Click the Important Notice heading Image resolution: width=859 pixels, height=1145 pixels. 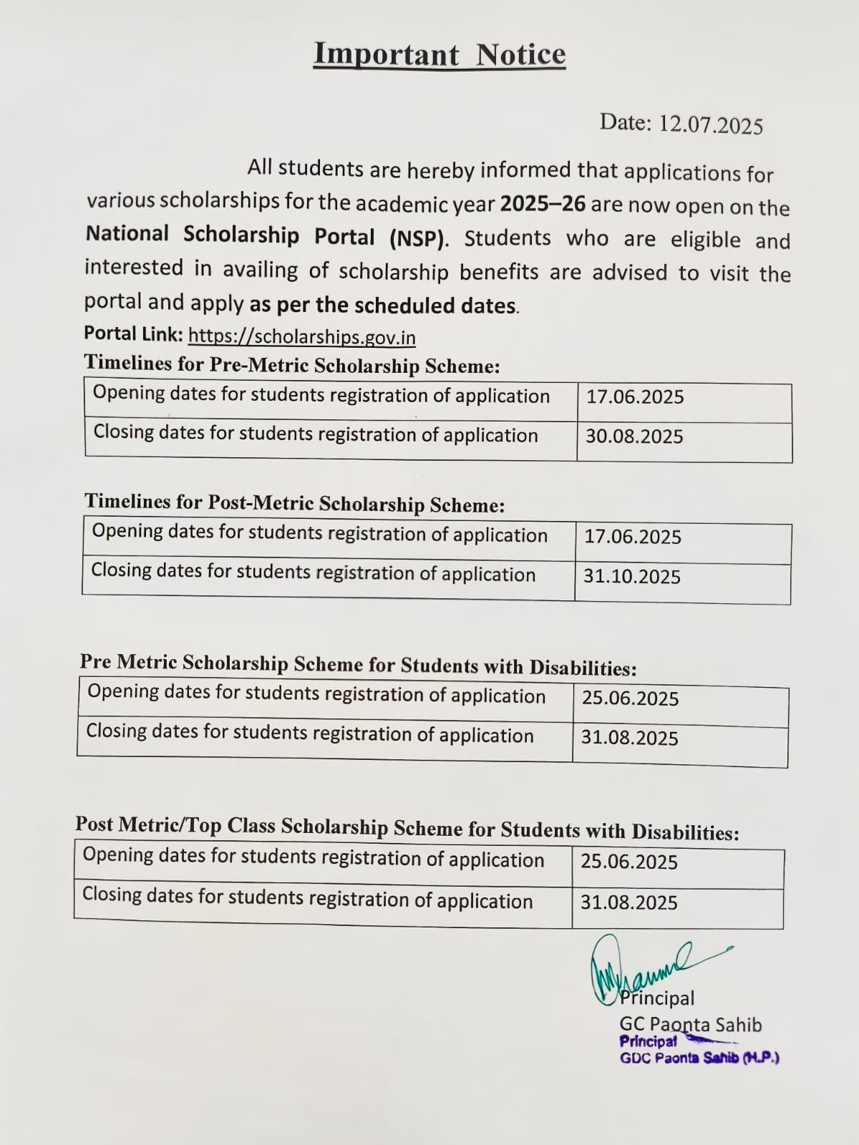pos(440,55)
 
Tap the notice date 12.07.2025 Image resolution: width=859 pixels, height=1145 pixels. pos(710,125)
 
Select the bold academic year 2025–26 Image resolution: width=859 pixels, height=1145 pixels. pos(543,204)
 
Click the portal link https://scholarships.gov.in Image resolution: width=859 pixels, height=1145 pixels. pos(301,336)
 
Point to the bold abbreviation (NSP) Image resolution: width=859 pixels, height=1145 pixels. pos(419,238)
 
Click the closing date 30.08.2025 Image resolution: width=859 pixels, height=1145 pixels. pos(634,437)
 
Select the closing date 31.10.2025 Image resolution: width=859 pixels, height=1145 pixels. pos(631,577)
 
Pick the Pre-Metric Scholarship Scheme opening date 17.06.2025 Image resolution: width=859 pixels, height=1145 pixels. pos(635,397)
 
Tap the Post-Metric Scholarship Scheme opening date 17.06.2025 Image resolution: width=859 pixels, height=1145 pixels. pos(633,537)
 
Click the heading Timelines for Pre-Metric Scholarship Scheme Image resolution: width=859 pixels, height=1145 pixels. pos(292,365)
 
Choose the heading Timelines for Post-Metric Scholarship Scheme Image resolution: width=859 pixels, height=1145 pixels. pos(294,504)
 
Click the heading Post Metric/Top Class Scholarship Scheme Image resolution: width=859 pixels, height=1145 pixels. pos(407,828)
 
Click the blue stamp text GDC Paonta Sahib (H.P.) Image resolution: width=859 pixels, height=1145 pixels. pos(699,1058)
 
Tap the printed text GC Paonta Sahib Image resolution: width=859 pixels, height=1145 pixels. pos(690,1025)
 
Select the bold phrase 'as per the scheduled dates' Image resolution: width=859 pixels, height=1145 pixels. pos(383,306)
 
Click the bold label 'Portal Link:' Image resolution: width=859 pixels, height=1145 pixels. pos(134,333)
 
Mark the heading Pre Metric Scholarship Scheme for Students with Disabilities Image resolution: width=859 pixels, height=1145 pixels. pos(358,665)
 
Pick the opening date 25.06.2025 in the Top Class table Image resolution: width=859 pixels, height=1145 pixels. pos(629,862)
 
